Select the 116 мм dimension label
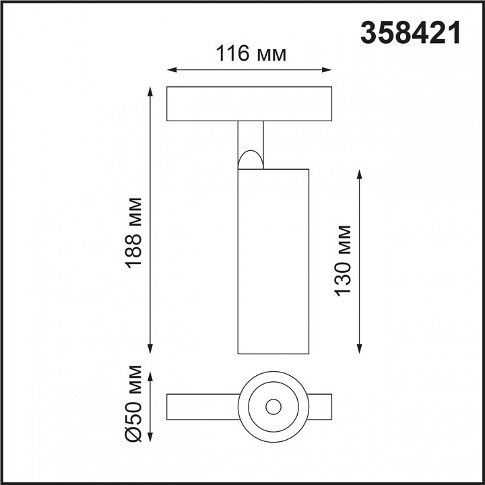(251, 53)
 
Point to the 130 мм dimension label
(344, 260)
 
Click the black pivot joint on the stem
(250, 160)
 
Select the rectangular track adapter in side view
(249, 104)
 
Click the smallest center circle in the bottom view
(273, 407)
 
